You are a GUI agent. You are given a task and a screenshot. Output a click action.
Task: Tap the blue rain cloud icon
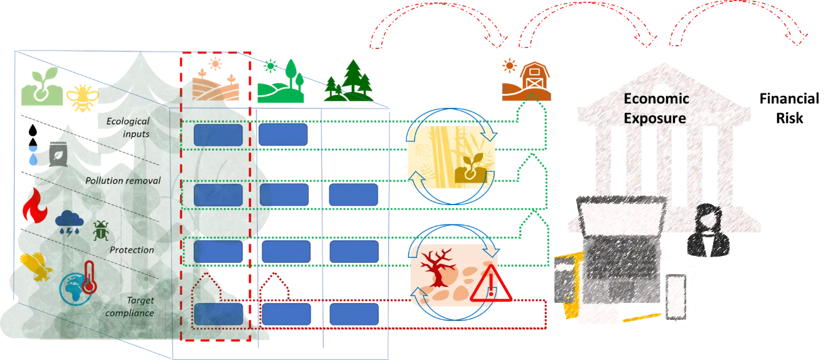pyautogui.click(x=68, y=221)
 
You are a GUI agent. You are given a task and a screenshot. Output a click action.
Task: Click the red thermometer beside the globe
pyautogui.click(x=88, y=277)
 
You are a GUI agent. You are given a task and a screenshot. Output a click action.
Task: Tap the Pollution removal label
pyautogui.click(x=123, y=181)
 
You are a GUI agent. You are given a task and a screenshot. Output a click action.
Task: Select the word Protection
pyautogui.click(x=132, y=250)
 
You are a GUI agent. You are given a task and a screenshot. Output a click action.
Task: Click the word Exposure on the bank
pyautogui.click(x=655, y=118)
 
